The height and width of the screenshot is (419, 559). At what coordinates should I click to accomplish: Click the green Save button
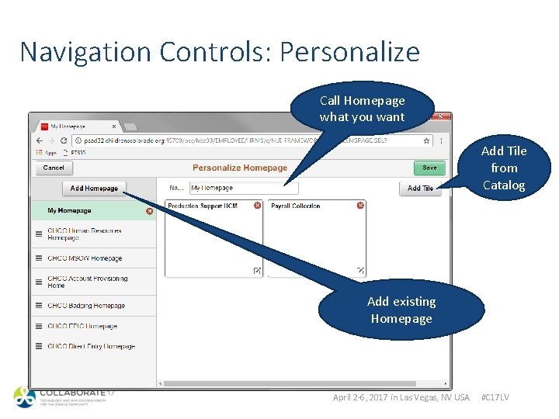[429, 168]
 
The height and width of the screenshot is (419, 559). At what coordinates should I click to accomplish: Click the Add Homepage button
[94, 188]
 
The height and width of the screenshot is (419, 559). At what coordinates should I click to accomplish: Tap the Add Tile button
[420, 188]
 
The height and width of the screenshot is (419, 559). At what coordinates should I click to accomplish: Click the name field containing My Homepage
[243, 188]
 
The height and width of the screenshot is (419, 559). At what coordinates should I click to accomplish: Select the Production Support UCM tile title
[203, 206]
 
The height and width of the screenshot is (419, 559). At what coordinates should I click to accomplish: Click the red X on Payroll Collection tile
[360, 206]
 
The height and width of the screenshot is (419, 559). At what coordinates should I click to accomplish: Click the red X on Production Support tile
[255, 206]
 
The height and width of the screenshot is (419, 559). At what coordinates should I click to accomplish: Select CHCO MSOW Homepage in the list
[85, 258]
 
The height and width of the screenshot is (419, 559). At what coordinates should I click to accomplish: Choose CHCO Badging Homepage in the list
[86, 306]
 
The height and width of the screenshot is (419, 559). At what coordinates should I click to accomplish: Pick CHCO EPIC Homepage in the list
[82, 327]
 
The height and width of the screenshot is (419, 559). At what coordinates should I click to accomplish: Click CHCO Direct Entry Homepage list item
[91, 347]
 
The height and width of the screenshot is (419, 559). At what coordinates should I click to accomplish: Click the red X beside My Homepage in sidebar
[149, 211]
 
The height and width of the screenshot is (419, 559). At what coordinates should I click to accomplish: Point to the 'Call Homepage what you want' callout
[362, 109]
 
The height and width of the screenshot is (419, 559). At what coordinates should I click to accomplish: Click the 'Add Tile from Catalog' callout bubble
[504, 168]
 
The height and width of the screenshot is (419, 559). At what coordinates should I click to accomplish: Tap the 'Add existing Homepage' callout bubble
[401, 310]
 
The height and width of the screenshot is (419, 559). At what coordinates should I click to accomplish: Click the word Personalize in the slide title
[349, 52]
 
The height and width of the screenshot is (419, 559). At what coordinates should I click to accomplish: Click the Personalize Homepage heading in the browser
[240, 168]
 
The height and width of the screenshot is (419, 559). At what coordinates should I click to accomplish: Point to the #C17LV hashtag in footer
[495, 397]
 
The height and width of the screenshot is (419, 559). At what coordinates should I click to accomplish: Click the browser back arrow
[40, 140]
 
